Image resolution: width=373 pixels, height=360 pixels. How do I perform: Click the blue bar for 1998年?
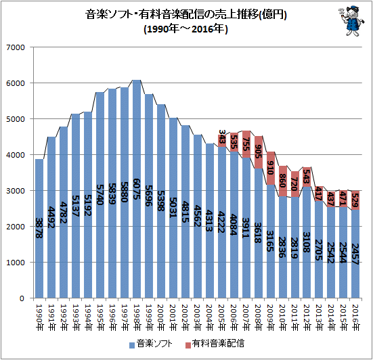(x=137, y=189)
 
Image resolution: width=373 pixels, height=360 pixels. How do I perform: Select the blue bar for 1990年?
(x=39, y=229)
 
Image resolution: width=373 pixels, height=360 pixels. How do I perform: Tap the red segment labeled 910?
(x=271, y=168)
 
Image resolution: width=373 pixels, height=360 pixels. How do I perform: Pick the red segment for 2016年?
(x=355, y=200)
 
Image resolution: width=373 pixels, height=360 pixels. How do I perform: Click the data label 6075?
(x=137, y=189)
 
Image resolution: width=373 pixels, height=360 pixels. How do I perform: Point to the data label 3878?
(x=39, y=228)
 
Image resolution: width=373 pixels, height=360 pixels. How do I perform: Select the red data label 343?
(x=222, y=137)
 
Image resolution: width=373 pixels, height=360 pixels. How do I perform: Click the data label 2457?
(x=355, y=254)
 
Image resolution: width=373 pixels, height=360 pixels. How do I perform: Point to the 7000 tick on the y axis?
(x=16, y=47)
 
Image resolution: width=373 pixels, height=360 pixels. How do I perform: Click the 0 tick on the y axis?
(x=22, y=298)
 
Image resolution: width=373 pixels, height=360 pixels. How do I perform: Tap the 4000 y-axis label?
(x=16, y=155)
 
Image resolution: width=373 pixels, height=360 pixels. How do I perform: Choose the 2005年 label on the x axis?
(x=222, y=317)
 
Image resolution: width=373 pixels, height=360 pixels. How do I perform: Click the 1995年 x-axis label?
(x=100, y=317)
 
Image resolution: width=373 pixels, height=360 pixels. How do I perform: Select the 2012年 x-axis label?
(x=307, y=317)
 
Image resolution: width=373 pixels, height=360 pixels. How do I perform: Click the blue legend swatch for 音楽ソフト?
(x=132, y=345)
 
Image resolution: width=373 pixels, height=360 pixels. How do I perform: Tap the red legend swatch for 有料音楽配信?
(x=188, y=345)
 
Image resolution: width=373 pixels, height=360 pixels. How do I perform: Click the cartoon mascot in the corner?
(x=351, y=22)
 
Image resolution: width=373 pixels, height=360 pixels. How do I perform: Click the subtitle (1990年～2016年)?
(x=185, y=29)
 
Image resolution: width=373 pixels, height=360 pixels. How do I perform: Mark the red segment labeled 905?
(x=259, y=152)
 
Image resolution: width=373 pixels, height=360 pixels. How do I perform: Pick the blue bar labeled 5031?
(x=173, y=208)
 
